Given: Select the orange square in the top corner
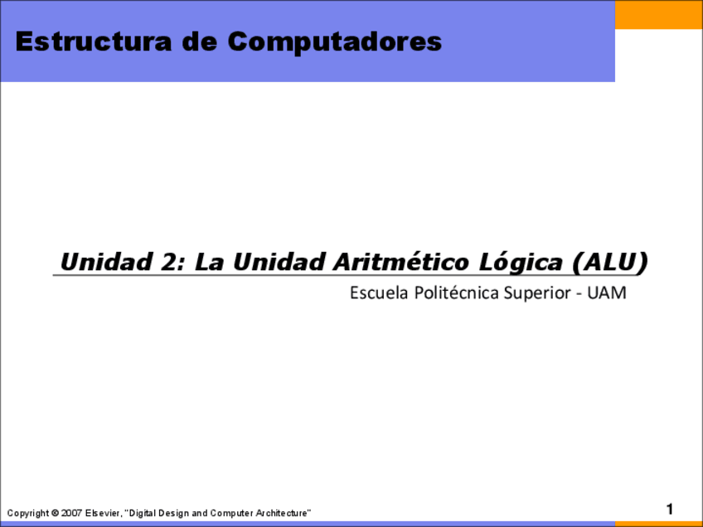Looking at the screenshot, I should pos(659,15).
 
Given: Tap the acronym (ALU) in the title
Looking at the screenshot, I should pos(610,262).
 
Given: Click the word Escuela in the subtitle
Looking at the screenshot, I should pos(375,293).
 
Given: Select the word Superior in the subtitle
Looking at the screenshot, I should pos(536,293).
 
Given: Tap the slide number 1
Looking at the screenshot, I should pos(669,509).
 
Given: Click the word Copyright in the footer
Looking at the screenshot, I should pos(27,514).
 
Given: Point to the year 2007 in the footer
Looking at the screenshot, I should pos(71,514).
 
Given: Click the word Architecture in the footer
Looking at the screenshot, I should pos(282,514).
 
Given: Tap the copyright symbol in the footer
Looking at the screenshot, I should pos(55,514).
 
